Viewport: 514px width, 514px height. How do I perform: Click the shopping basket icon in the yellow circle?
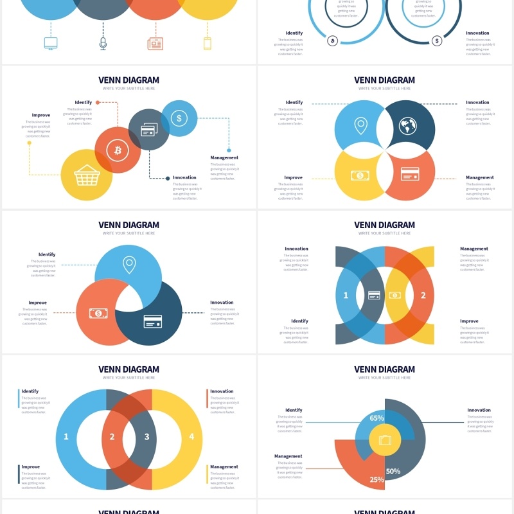(87, 175)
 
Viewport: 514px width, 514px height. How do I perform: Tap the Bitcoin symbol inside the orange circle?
(118, 151)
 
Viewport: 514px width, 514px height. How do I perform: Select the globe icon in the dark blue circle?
(407, 126)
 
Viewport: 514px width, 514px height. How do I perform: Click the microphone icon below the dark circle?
(103, 43)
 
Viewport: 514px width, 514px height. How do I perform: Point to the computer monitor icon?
(51, 43)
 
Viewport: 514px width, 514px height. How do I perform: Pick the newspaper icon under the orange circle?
(155, 44)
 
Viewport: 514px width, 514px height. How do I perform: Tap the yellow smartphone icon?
(207, 44)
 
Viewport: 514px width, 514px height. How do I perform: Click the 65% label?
(377, 418)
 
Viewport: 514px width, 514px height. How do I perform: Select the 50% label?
(393, 471)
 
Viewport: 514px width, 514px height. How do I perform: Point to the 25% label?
(377, 480)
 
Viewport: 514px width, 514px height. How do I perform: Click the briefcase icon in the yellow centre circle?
(385, 441)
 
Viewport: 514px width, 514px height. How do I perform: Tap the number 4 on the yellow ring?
(191, 437)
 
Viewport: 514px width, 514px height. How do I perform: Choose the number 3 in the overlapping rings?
(146, 437)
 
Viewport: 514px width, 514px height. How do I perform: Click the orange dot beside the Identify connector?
(98, 102)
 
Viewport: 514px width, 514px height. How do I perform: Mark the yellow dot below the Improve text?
(29, 143)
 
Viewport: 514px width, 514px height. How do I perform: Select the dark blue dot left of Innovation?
(168, 178)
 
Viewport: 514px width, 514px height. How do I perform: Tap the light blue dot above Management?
(229, 150)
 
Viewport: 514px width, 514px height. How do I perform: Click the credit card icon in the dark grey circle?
(149, 130)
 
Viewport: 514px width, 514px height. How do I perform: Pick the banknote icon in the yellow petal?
(359, 175)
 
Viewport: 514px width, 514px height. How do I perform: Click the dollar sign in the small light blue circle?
(179, 118)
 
